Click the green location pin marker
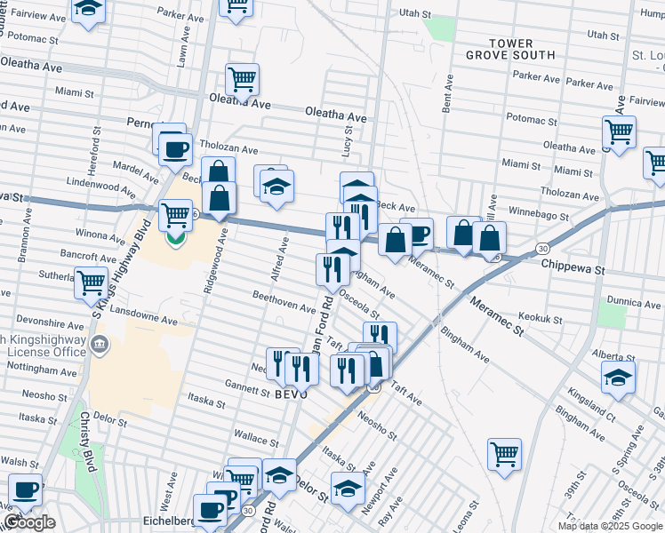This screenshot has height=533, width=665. click(x=176, y=237)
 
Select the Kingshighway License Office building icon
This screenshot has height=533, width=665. click(x=99, y=344)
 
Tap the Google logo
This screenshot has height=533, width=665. click(x=29, y=522)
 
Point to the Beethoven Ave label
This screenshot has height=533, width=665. click(x=284, y=302)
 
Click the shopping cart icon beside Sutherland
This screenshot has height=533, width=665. click(x=91, y=282)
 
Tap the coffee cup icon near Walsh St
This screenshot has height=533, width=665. click(x=26, y=489)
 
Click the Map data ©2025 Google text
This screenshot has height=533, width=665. click(x=609, y=526)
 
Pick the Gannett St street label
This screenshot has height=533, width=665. click(x=247, y=389)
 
